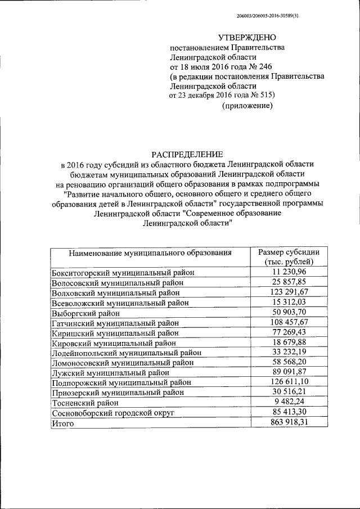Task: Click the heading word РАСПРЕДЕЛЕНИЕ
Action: pyautogui.click(x=188, y=154)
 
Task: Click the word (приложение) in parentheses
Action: pyautogui.click(x=247, y=105)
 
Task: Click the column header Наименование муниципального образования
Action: pyautogui.click(x=150, y=253)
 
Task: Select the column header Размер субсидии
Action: pyautogui.click(x=289, y=252)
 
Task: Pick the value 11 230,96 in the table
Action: pyautogui.click(x=289, y=272)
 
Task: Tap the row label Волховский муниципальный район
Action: pyautogui.click(x=116, y=292)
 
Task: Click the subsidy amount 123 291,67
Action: pyautogui.click(x=289, y=292)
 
